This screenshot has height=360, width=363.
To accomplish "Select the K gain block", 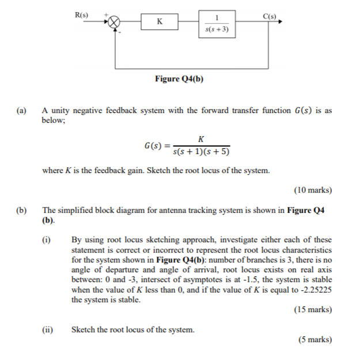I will pyautogui.click(x=160, y=22).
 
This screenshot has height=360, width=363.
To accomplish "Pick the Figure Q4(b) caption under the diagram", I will pyautogui.click(x=179, y=78).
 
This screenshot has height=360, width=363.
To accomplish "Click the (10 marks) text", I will pyautogui.click(x=312, y=190).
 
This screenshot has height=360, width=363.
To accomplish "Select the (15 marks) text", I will pyautogui.click(x=312, y=310).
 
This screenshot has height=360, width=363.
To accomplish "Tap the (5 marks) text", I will pyautogui.click(x=315, y=340).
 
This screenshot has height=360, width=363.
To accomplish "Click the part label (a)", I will pyautogui.click(x=22, y=110).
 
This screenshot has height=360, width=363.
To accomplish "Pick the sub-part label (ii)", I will pyautogui.click(x=48, y=330).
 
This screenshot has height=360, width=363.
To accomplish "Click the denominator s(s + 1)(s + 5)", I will pyautogui.click(x=201, y=152).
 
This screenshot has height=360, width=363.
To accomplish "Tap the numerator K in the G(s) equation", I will pyautogui.click(x=201, y=139).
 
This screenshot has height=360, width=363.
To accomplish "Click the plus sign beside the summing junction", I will pyautogui.click(x=105, y=13).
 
